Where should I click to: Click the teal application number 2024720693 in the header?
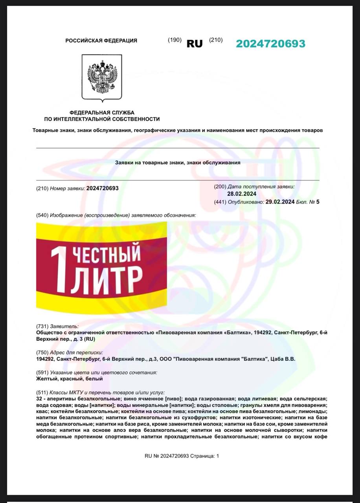[x=270, y=44]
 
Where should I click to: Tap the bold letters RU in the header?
[x=195, y=44]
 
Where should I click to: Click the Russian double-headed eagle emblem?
[x=102, y=77]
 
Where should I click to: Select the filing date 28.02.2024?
[x=242, y=193]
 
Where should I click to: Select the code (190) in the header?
[x=174, y=40]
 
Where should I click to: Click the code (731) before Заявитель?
[x=42, y=326]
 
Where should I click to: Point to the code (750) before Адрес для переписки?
[x=42, y=352]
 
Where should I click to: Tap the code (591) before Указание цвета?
[x=42, y=372]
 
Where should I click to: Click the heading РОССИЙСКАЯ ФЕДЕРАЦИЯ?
[x=101, y=40]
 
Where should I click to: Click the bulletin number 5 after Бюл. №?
[x=318, y=202]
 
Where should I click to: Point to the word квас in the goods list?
[x=41, y=411]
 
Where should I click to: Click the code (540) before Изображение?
[x=42, y=215]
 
